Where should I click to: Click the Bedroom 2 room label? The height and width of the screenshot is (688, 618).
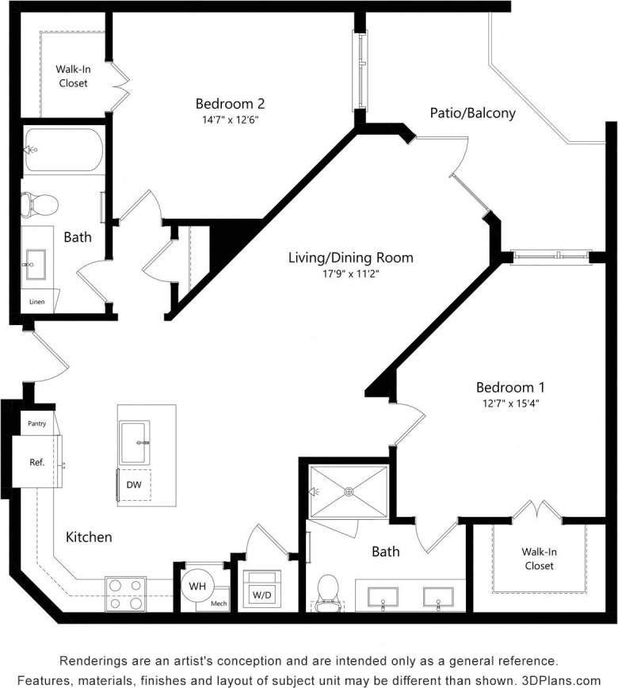(230, 104)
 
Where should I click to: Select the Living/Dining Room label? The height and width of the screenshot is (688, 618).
(350, 258)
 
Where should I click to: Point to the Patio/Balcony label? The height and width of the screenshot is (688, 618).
(472, 113)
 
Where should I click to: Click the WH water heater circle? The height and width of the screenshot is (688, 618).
(196, 587)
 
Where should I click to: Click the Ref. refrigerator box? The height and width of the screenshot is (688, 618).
(36, 461)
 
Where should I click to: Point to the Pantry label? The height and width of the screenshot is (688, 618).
(36, 423)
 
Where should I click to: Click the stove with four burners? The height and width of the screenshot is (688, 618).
(125, 593)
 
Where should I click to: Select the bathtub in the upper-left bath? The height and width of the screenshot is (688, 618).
(63, 149)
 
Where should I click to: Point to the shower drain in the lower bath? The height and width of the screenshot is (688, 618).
(348, 491)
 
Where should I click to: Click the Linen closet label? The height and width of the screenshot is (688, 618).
(37, 302)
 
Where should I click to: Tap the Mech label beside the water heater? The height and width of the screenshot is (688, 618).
(219, 603)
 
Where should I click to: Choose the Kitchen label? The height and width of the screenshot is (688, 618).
(89, 537)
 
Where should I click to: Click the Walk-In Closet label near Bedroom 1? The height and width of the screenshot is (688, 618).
(538, 559)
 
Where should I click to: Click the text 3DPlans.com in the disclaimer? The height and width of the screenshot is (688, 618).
(563, 679)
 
